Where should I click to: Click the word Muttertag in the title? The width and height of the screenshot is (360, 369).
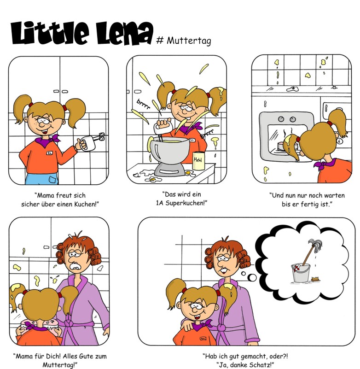coord(189,41)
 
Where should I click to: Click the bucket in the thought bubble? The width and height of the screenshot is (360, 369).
coord(300,273)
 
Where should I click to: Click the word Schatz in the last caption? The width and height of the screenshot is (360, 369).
coord(261,364)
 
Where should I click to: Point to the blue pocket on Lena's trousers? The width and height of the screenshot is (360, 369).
coord(53,180)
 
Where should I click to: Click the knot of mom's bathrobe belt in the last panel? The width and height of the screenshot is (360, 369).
coord(221,328)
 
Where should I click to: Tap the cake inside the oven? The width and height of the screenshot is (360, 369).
coord(281,146)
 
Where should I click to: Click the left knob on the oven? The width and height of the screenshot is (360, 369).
coord(281,119)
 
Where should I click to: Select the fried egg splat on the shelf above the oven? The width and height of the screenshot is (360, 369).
coord(293,89)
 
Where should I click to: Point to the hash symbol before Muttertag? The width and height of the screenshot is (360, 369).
coord(160,41)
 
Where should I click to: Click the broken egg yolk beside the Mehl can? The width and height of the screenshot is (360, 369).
coord(188,173)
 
